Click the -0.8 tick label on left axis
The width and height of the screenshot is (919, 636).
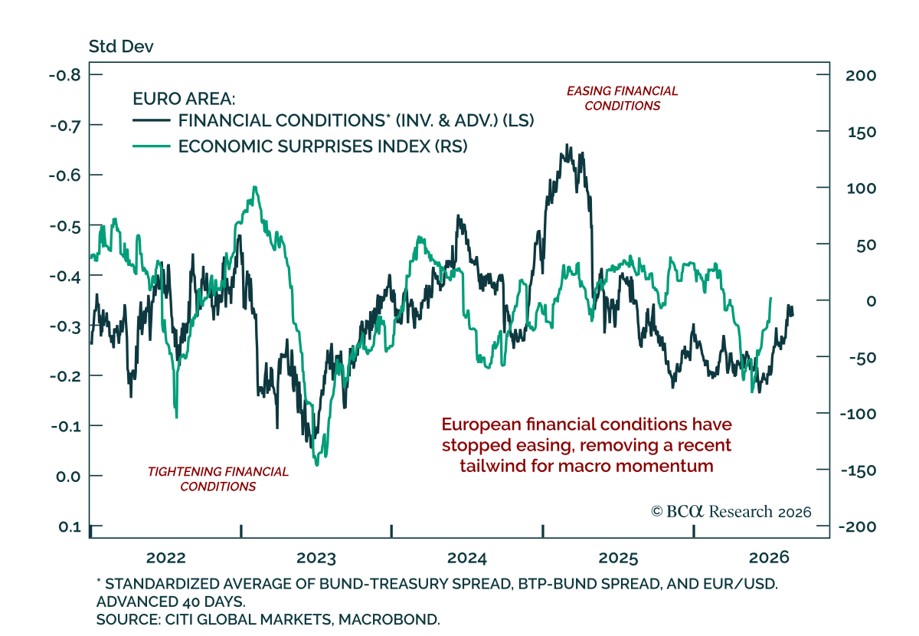point(65,75)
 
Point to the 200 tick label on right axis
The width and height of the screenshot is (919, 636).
point(861,76)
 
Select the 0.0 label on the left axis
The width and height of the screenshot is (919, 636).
point(68,477)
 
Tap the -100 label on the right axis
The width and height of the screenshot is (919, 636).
point(858,414)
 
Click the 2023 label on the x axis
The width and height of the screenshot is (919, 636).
point(316,558)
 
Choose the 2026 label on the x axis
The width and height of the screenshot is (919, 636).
point(769,558)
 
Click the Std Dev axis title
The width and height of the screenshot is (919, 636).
point(121,47)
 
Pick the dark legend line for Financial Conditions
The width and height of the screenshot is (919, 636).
point(152,120)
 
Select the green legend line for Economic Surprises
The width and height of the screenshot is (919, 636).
point(152,146)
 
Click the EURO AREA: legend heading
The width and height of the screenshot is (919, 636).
point(184,99)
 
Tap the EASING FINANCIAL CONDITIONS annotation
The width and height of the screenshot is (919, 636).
point(622,98)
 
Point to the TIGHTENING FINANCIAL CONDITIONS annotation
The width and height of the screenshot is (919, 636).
point(217,479)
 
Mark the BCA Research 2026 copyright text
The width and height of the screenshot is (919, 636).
point(731,512)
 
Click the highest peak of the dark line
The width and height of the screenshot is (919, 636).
point(567,145)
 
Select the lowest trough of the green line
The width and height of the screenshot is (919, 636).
point(316,465)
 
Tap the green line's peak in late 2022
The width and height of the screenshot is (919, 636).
point(255,187)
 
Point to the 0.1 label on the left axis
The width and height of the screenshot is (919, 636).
point(70,526)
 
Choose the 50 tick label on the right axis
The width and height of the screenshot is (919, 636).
point(866,245)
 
